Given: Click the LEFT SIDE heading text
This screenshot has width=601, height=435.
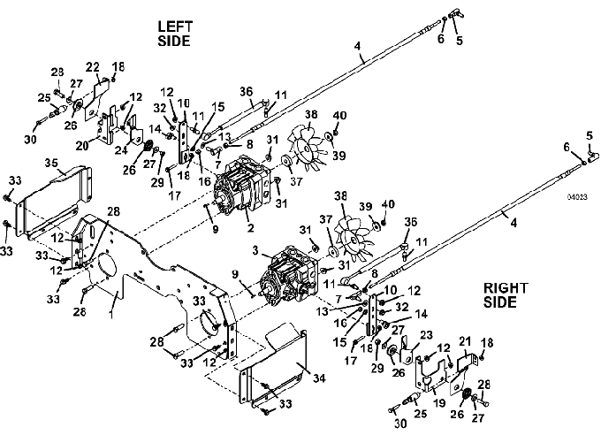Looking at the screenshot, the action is click(x=175, y=34).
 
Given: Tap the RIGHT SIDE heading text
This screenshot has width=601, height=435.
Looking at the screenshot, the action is click(x=506, y=295).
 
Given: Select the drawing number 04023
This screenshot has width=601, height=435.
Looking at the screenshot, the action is click(x=577, y=197).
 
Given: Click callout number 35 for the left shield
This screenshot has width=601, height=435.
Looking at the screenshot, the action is click(x=51, y=163).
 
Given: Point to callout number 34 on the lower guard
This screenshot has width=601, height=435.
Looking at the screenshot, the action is click(x=319, y=378).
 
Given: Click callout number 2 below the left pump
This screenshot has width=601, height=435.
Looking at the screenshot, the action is click(x=250, y=228).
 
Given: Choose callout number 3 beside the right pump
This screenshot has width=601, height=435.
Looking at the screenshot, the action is click(x=255, y=251).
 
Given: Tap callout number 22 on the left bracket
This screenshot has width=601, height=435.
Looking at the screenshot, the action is click(x=93, y=67).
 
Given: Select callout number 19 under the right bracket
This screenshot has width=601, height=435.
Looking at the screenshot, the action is click(x=439, y=403).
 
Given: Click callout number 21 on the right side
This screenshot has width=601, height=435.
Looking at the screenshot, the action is click(x=465, y=341).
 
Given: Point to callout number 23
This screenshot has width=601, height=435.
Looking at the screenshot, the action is click(x=426, y=336).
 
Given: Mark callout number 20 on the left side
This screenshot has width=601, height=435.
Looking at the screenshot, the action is click(x=82, y=145).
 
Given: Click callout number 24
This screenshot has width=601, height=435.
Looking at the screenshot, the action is click(x=121, y=150).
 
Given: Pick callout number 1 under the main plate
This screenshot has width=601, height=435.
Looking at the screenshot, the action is click(x=111, y=315).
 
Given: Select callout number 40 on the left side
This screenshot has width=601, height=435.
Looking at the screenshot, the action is click(x=339, y=116).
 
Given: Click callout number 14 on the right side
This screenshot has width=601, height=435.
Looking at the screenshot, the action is click(x=421, y=314).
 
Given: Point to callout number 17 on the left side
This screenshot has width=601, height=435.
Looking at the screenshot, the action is click(x=174, y=195).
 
